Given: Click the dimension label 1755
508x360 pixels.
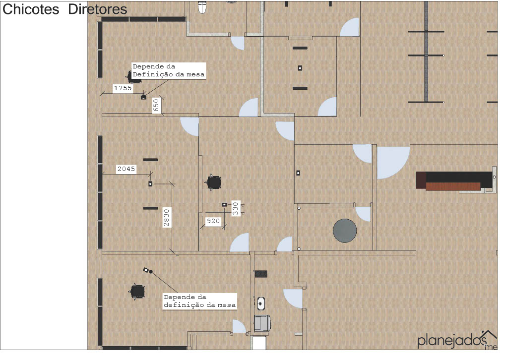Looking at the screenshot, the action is pos(123,88).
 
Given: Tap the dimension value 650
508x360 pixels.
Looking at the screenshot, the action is pos(156,106).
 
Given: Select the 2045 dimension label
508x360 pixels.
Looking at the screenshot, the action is pos(127,169).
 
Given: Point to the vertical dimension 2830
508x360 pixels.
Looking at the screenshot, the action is pos(167,218).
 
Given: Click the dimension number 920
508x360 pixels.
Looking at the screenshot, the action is pos(213,221).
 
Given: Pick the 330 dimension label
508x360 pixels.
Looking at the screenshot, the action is pos(236,209).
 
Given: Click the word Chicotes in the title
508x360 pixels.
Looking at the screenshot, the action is pos(31,9).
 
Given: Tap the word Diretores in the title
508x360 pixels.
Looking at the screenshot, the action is pos(98,9).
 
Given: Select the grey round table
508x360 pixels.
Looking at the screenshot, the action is pos(345,231).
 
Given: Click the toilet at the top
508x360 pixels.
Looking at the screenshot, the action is pos(202,7).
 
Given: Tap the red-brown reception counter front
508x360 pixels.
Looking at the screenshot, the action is pos(453,186).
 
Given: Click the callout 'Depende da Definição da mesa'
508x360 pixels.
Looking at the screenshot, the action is pos(169,70).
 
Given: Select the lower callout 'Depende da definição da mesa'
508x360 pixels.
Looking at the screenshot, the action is pos(200,301).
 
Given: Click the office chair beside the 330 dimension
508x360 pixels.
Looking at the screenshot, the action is pos(213,182).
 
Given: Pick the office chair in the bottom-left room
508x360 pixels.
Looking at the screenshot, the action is pos(137,292).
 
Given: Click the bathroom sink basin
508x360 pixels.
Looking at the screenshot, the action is pos(261,303).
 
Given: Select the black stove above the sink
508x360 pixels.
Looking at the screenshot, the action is pos(261,274).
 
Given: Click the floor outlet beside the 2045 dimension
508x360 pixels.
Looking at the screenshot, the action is pos(150,184).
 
